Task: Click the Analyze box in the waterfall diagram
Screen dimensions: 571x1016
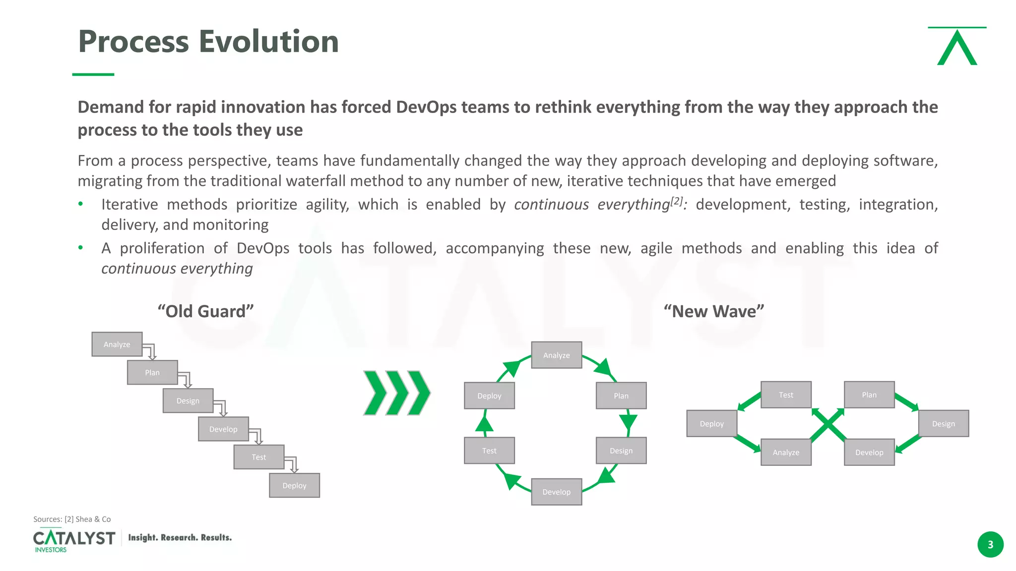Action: coord(117,344)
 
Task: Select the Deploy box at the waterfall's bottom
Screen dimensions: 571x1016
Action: coord(294,486)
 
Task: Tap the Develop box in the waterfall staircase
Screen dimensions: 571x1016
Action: coord(223,429)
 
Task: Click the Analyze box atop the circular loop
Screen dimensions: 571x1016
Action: coord(556,355)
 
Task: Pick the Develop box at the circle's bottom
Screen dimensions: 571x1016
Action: coord(556,492)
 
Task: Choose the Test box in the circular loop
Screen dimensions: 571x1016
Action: coord(489,451)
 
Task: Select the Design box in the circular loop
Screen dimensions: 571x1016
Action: coord(621,451)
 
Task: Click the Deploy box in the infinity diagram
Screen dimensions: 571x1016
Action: coord(711,424)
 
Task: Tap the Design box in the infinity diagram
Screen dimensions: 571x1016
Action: coord(943,424)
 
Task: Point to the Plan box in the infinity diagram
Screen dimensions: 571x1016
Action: coord(869,395)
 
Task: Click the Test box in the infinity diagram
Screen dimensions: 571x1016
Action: coord(786,395)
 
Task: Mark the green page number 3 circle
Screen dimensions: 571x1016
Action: coord(990,545)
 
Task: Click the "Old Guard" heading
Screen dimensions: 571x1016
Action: coord(205,311)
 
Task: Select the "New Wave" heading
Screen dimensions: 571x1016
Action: coord(714,311)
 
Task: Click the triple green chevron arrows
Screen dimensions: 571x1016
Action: coord(397,393)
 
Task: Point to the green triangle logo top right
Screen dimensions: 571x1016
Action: coord(957,47)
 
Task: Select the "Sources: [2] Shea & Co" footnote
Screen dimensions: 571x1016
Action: coord(72,519)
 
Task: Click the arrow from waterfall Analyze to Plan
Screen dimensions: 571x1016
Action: coord(150,351)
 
